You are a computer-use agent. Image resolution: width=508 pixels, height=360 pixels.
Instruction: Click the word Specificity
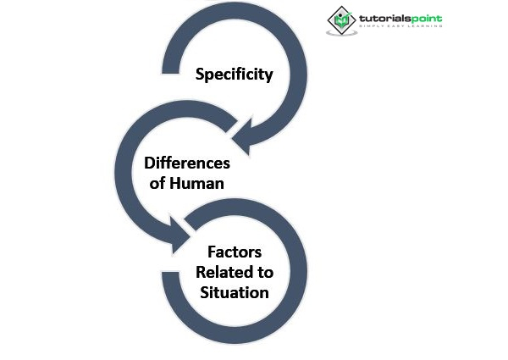235,75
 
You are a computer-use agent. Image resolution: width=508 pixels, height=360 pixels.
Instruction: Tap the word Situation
235,292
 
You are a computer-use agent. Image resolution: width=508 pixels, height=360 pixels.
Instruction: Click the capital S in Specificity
201,74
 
